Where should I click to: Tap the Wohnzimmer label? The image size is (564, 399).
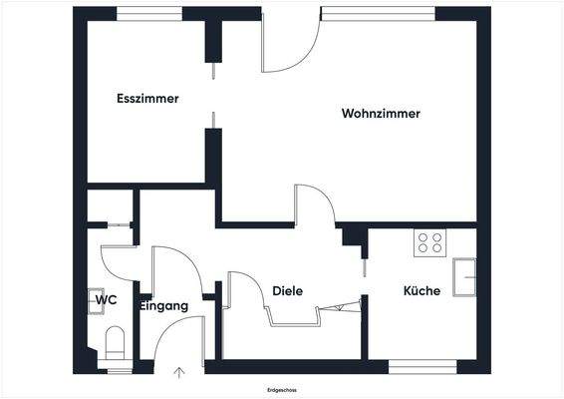[381, 114]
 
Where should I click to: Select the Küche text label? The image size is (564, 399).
[422, 291]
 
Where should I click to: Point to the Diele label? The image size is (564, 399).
[287, 291]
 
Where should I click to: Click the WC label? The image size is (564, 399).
[106, 298]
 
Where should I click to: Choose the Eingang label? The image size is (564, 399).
[163, 306]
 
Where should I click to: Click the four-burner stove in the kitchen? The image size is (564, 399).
[430, 242]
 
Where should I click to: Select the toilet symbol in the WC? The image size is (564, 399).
[114, 342]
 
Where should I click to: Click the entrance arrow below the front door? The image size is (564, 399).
[179, 373]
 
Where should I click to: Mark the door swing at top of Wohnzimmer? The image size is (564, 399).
[289, 45]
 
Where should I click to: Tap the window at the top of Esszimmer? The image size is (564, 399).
[149, 12]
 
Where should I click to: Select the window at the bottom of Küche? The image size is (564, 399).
[423, 366]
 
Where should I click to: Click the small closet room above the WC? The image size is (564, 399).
[109, 207]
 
